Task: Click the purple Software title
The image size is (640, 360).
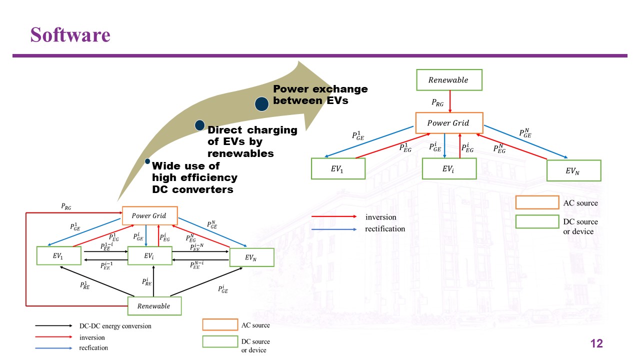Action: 70,35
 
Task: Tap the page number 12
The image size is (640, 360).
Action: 596,343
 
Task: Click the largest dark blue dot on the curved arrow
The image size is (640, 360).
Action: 261,104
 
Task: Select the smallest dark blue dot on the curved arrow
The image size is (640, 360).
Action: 147,161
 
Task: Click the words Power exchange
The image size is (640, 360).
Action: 320,89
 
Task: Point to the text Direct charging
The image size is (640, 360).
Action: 252,130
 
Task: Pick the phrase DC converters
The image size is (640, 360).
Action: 192,189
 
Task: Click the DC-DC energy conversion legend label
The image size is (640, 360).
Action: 115,326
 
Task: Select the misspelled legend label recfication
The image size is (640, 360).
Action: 93,347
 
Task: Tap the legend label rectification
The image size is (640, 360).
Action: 385,228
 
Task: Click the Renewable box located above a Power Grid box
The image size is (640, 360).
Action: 449,80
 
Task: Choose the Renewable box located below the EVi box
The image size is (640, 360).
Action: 154,306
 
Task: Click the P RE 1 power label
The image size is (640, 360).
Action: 85,285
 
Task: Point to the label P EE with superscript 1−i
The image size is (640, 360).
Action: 107,246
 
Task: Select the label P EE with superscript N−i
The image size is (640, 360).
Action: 197,265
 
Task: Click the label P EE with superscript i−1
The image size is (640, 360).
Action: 106,265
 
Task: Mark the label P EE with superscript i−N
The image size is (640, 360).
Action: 197,247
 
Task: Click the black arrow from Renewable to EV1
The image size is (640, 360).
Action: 97,281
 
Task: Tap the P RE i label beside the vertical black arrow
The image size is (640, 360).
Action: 147,281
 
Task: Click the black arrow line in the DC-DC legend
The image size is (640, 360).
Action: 53,325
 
